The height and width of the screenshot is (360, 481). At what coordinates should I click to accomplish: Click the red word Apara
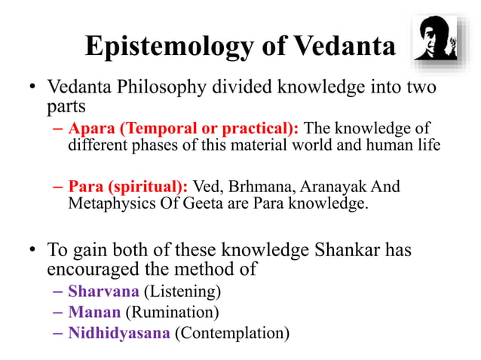click(x=90, y=127)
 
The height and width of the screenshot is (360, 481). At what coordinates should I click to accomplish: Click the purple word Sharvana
click(x=98, y=291)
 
